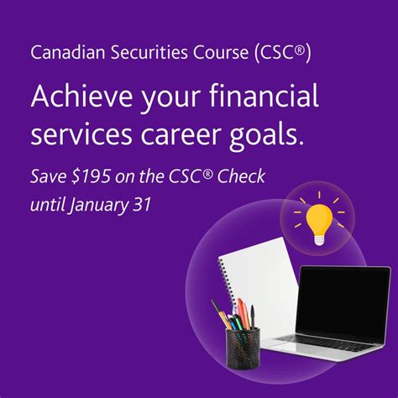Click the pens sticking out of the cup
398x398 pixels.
(236, 315)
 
